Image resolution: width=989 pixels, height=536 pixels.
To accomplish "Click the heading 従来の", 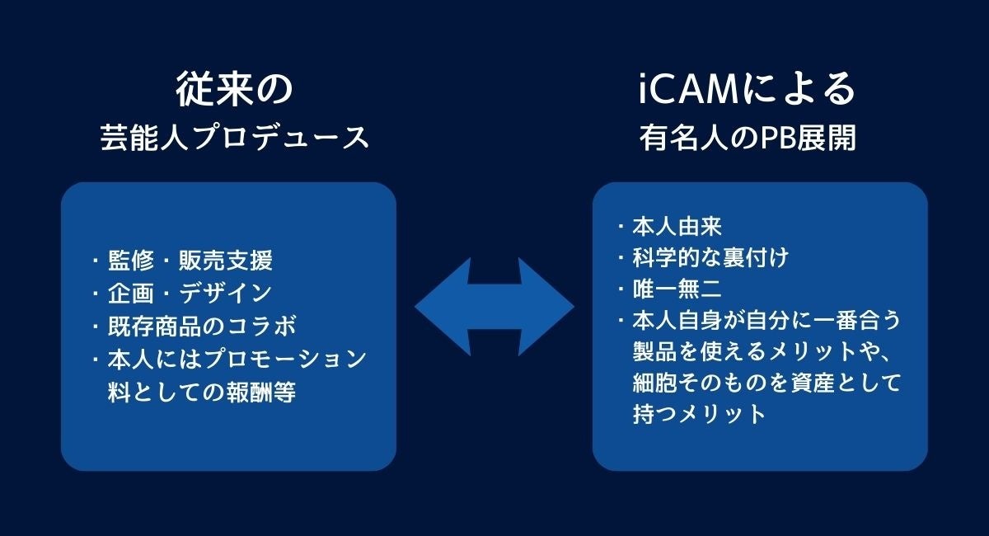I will click(x=234, y=89).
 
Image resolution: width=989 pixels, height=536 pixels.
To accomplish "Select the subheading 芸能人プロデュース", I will click(x=234, y=138).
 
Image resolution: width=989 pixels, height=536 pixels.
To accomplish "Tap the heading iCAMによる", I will click(x=748, y=89).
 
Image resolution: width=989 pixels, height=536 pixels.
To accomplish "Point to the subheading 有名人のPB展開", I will click(x=748, y=138).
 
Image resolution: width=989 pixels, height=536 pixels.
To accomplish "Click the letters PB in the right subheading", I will click(x=762, y=139).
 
